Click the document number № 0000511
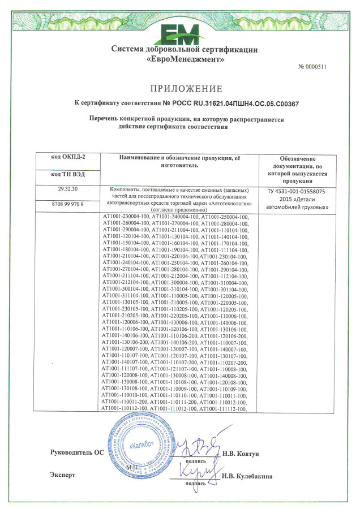click(312, 67)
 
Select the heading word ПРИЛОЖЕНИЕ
click(186, 89)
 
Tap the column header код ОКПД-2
click(68, 157)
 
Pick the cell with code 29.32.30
click(68, 189)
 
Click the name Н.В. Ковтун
click(241, 454)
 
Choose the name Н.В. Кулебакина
click(247, 476)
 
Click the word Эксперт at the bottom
click(62, 475)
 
